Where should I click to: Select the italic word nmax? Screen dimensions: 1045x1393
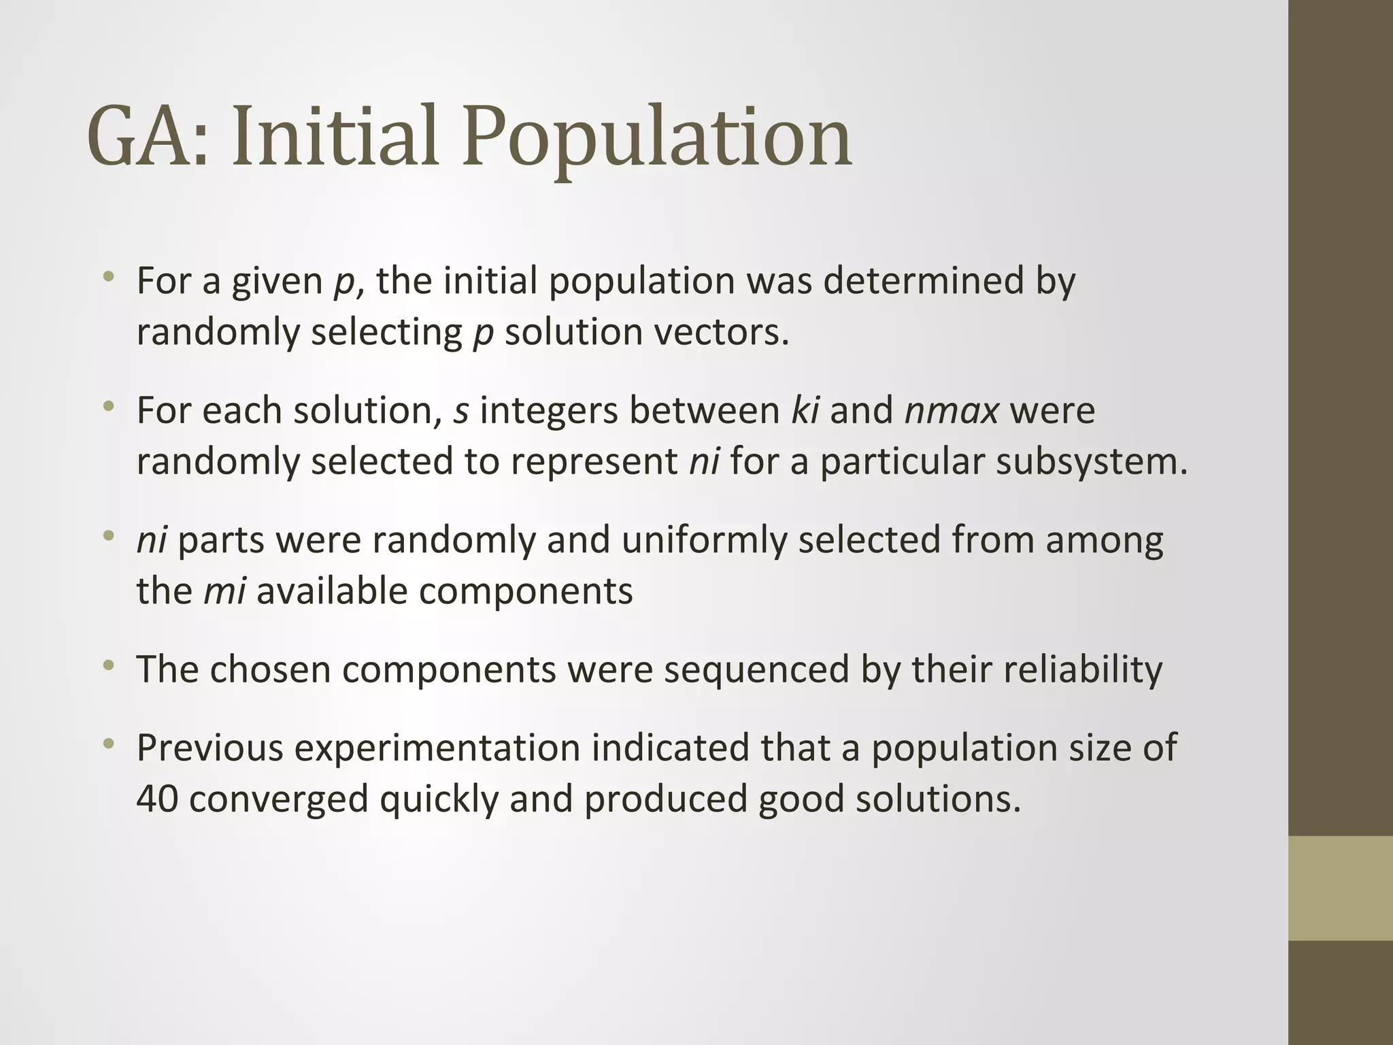coord(952,411)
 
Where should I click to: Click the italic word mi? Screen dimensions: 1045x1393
coord(224,591)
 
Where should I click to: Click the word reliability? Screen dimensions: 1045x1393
coord(1037,669)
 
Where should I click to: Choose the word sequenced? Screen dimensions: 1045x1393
coord(756,669)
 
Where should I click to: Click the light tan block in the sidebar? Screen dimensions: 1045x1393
coord(1340,888)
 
